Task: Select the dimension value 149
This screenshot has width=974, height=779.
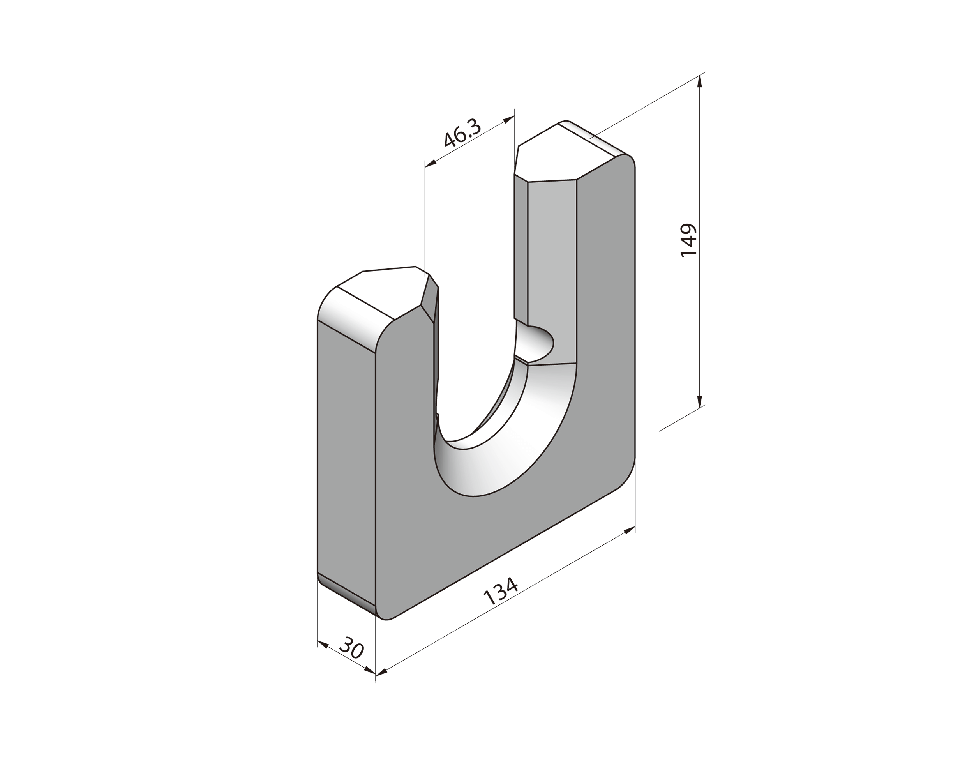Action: pos(688,240)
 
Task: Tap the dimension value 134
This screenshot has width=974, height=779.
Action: pos(501,592)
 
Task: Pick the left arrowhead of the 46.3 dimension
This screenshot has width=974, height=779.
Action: pos(430,164)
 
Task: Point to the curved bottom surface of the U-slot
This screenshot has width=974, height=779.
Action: pos(506,447)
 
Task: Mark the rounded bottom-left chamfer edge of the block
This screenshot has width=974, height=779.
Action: pos(346,592)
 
